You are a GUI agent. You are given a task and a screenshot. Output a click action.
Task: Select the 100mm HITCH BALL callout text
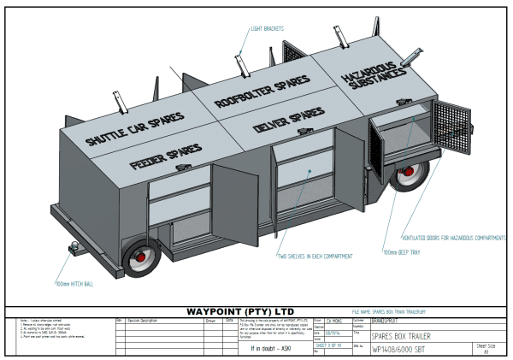[x=74, y=283]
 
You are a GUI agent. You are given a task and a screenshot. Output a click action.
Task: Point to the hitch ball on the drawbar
[x=75, y=248]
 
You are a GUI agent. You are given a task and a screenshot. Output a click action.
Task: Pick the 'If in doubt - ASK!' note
[x=265, y=349]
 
